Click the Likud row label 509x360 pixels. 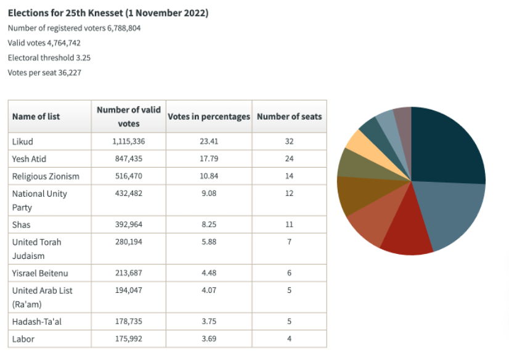pos(23,141)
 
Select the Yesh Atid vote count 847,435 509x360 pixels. pos(129,158)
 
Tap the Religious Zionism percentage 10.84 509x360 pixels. pos(208,176)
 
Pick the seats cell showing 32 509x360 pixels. pos(289,141)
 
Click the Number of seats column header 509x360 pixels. pos(289,117)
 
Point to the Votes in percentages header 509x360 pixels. pos(209,117)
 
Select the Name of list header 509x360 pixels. pos(36,117)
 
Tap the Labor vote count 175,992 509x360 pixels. pos(129,338)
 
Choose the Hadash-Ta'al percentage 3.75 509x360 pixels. pos(208,321)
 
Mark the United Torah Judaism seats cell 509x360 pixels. pos(289,242)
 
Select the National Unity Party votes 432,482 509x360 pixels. pos(129,194)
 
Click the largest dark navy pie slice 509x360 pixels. pos(447,145)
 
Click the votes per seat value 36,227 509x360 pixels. pos(67,73)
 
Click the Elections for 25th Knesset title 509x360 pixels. pos(108,13)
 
